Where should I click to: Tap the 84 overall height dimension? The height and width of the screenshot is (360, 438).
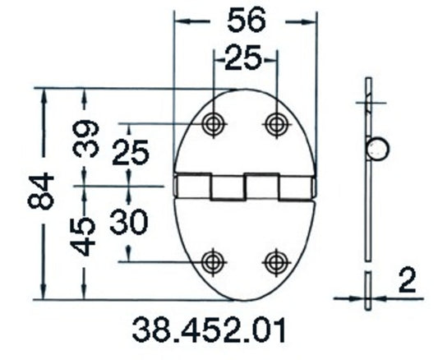click(47, 193)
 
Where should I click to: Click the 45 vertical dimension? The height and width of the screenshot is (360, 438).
click(88, 233)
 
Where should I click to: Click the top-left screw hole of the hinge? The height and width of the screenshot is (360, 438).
click(214, 123)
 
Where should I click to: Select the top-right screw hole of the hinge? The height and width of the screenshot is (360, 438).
click(274, 123)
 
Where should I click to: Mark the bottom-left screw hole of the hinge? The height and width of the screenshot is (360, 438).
click(214, 261)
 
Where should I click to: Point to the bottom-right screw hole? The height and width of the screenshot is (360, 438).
click(274, 261)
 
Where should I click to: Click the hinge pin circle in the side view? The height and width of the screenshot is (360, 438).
click(379, 149)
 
